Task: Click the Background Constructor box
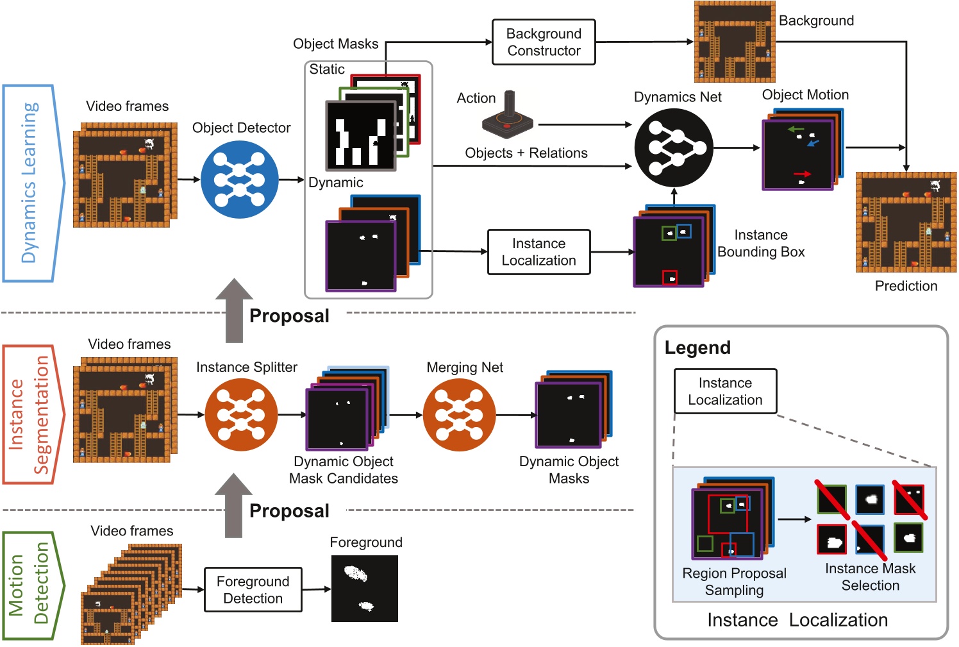pos(544,42)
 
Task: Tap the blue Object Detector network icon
pos(240,180)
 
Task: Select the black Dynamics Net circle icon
pos(673,147)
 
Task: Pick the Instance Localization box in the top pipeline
pos(538,252)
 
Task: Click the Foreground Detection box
pos(253,589)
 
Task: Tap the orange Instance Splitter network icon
pos(241,415)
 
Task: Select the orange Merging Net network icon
pos(459,415)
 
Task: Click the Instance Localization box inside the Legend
pos(725,391)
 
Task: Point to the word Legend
pos(697,348)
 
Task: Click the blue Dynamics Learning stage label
pos(32,183)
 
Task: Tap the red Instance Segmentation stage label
pos(32,414)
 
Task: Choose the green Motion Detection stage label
pos(32,585)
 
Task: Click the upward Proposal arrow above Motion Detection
pos(233,507)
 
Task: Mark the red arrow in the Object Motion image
pos(802,174)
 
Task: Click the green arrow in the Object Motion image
pos(796,130)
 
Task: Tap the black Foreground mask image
pos(364,589)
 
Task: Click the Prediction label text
pos(906,286)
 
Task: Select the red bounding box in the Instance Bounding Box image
pos(669,278)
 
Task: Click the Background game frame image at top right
pos(735,42)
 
